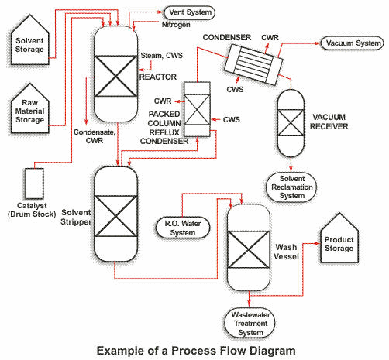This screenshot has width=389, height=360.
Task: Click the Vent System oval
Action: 190,12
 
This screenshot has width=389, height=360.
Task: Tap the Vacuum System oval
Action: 353,43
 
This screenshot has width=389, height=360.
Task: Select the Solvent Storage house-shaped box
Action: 29,39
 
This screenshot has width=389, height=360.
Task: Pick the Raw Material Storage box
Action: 29,108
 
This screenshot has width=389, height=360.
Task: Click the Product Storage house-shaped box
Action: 339,238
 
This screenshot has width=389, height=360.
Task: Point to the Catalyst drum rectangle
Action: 34,183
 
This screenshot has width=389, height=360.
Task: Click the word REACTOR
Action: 158,77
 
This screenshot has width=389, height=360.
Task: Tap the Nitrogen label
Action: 176,25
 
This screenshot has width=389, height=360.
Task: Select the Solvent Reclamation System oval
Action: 291,187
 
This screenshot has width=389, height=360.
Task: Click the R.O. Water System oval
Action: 183,228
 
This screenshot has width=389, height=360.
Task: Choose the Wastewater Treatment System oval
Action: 250,323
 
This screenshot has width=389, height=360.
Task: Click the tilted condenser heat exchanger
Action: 253,64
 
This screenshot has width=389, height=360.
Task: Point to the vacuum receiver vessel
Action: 291,123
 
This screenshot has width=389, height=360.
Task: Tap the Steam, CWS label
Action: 161,56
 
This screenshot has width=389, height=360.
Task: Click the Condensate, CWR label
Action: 95,136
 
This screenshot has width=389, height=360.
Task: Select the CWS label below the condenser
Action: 235,90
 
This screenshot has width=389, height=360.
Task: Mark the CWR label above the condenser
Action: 270,38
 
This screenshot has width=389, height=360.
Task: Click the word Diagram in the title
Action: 273,351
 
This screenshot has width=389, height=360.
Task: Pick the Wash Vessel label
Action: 286,252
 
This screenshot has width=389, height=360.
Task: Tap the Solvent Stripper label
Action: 76,217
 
